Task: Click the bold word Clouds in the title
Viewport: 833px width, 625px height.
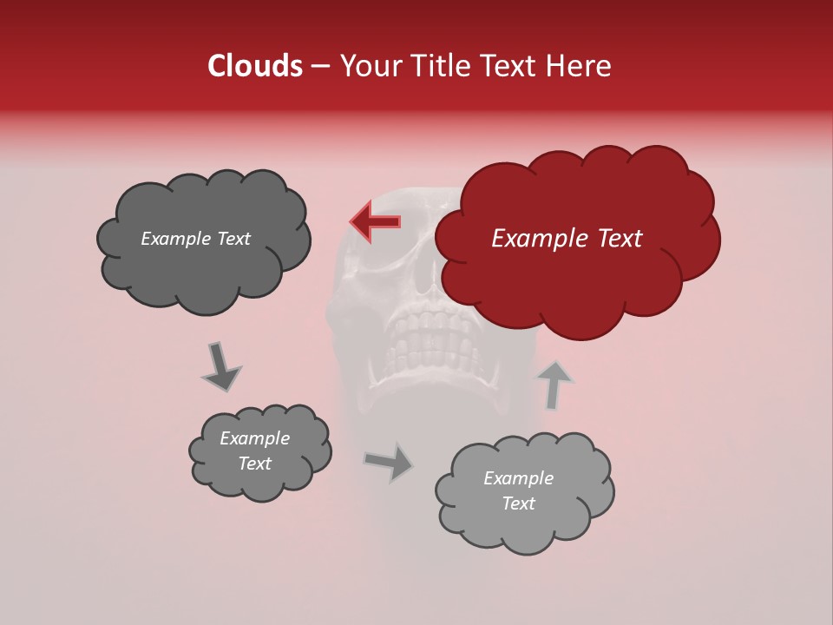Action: [254, 66]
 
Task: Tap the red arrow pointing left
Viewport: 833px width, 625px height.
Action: [375, 221]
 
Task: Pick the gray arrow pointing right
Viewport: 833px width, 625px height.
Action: [390, 462]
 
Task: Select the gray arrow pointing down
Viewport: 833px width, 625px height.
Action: [220, 365]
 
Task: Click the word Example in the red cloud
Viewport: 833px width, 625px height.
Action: [539, 239]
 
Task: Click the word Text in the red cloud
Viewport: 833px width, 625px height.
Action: [618, 239]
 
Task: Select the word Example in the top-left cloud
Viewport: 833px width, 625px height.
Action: [176, 239]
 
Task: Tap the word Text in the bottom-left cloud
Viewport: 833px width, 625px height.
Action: [254, 464]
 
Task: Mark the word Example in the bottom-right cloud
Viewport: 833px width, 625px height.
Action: [518, 478]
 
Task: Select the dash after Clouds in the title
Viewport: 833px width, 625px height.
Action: [320, 66]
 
